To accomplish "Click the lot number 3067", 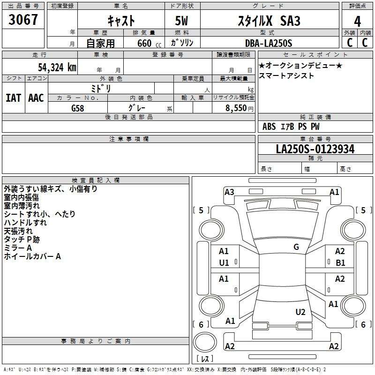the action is pyautogui.click(x=23, y=19).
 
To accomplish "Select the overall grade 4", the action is pyautogui.click(x=357, y=21).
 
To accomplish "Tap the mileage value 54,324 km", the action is pyautogui.click(x=57, y=67).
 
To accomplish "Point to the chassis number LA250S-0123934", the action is pyautogui.click(x=315, y=149).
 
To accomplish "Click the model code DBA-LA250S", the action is pyautogui.click(x=269, y=43).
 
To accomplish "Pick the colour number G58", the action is pyautogui.click(x=77, y=108).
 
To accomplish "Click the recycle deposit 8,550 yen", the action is pyautogui.click(x=239, y=108).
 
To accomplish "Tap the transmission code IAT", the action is pyautogui.click(x=13, y=98).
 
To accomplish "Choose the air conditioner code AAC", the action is pyautogui.click(x=36, y=98).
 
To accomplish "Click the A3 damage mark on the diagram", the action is pyautogui.click(x=229, y=192).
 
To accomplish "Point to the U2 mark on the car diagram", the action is pyautogui.click(x=300, y=312).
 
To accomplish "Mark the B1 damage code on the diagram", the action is pyautogui.click(x=340, y=263).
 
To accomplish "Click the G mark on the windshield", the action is pyautogui.click(x=296, y=247).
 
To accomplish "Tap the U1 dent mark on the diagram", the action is pyautogui.click(x=224, y=263).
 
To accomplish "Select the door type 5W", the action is pyautogui.click(x=181, y=21).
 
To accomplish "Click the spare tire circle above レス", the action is pyautogui.click(x=205, y=342).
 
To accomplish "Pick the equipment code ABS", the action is pyautogui.click(x=269, y=127).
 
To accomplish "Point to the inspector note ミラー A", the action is pyautogui.click(x=18, y=248).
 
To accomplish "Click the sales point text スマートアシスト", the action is pyautogui.click(x=286, y=75).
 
